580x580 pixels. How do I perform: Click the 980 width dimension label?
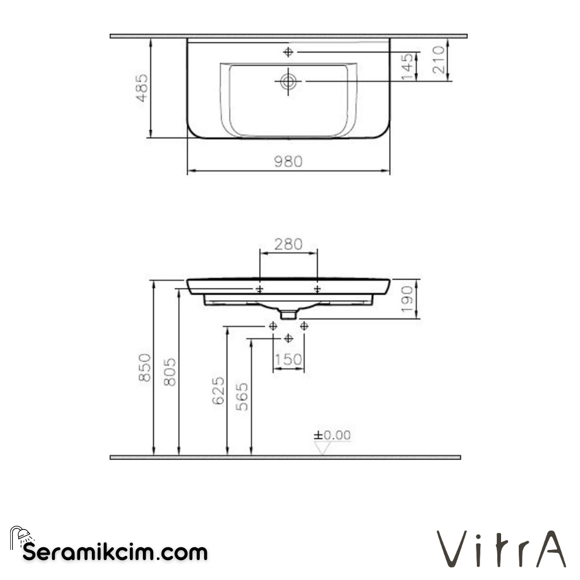(x=288, y=161)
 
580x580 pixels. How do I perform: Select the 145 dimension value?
(x=408, y=67)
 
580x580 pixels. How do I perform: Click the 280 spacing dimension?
(x=288, y=244)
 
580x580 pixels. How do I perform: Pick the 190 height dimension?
(x=409, y=299)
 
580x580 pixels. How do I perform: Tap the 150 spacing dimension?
(x=288, y=359)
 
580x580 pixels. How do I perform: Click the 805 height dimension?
(x=169, y=371)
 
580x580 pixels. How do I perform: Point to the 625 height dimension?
(x=218, y=391)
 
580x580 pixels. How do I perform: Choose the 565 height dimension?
(x=243, y=396)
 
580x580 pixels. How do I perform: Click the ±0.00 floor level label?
(x=332, y=435)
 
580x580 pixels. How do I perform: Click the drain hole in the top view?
(x=288, y=82)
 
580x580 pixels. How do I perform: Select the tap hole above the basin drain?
(x=288, y=52)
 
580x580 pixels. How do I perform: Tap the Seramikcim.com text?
(x=115, y=552)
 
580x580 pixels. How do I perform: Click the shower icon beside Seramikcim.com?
(x=22, y=537)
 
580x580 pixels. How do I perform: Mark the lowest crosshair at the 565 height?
(x=288, y=338)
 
